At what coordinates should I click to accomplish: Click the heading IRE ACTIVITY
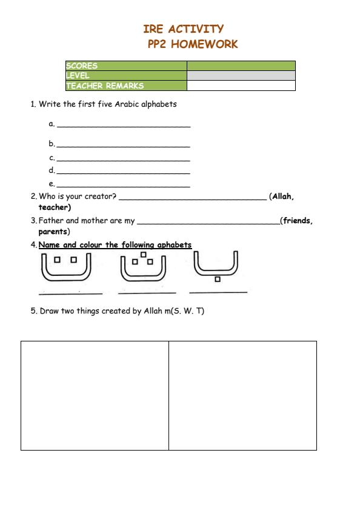[x=183, y=29]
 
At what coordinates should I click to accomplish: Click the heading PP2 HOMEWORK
[x=193, y=44]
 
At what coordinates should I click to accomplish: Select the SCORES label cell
[x=125, y=65]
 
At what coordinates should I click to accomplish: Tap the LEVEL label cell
[x=125, y=76]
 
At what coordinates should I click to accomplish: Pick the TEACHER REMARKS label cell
[x=125, y=86]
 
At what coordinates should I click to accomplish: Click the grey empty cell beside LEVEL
[x=241, y=76]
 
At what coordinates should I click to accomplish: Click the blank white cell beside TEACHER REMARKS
[x=241, y=86]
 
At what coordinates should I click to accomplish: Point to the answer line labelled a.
[x=123, y=126]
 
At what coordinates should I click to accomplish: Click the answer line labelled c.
[x=123, y=159]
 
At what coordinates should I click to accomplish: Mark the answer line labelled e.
[x=123, y=186]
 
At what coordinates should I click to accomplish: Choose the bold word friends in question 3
[x=298, y=221]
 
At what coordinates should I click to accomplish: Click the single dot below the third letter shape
[x=217, y=279]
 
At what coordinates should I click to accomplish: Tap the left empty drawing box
[x=95, y=395]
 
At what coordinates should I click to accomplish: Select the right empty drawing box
[x=242, y=395]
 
